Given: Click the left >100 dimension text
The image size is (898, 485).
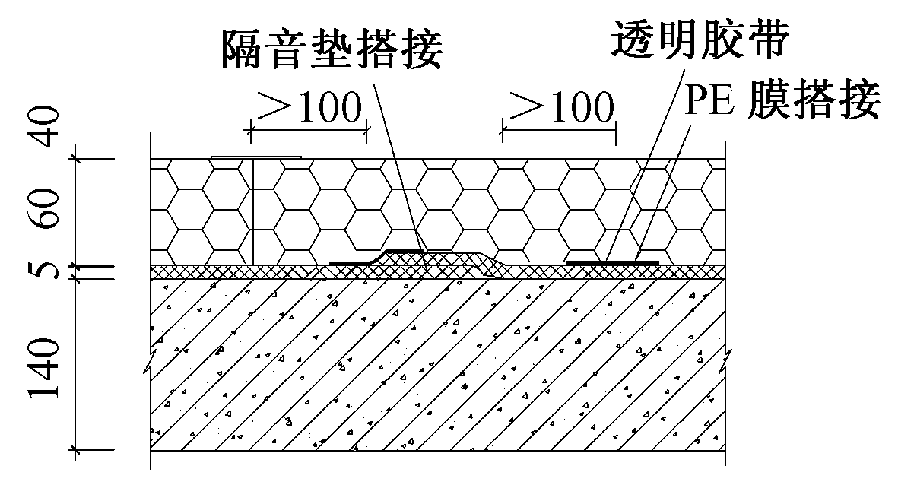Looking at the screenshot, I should (308, 109).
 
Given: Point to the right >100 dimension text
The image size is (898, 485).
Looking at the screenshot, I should (559, 109).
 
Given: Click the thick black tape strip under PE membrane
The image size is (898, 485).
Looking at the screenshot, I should (613, 262).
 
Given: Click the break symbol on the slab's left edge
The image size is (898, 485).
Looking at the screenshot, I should (152, 363).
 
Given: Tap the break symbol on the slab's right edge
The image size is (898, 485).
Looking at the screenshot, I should (726, 357).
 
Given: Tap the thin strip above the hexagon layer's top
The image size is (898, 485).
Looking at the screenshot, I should (256, 158).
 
